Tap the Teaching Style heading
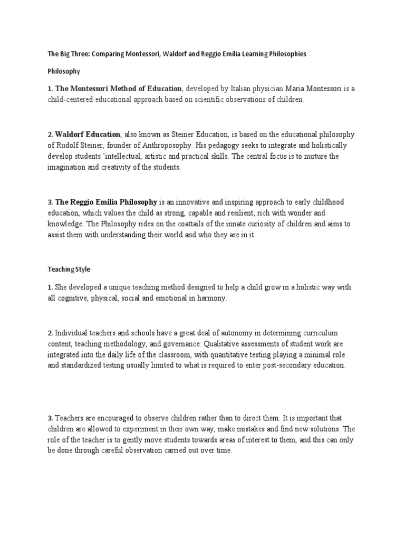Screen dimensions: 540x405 (x=69, y=269)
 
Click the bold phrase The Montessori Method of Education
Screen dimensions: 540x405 (x=119, y=89)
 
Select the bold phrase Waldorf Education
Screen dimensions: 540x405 (x=88, y=134)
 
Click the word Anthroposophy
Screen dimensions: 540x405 (x=159, y=145)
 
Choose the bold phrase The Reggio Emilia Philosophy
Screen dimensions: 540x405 (x=106, y=202)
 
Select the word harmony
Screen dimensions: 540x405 (x=210, y=298)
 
